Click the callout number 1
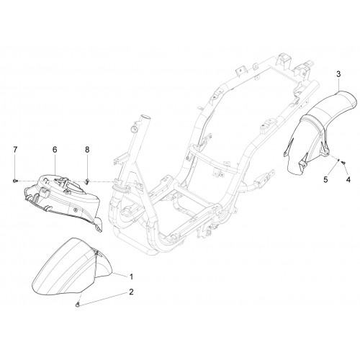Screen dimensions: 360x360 pos(131,277)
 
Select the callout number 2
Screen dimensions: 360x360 pos(131,292)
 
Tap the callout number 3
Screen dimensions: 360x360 pos(338,74)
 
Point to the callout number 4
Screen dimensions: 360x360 pos(348,179)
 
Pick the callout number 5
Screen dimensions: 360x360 pos(325,179)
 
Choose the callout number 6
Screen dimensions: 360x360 pos(55,150)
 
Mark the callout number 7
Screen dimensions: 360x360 pos(15,150)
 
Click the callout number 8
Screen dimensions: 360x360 pos(87,150)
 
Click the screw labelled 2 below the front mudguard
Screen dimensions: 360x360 pos(77,305)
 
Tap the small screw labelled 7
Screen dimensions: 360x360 pos(15,181)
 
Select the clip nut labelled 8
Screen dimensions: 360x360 pos(87,181)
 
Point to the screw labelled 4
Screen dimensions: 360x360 pos(343,163)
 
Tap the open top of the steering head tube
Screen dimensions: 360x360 pos(145,118)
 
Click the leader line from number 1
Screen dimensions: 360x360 pos(120,275)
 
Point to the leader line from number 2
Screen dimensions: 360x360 pos(104,300)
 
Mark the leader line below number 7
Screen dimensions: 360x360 pos(15,166)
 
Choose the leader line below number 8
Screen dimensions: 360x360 pos(87,166)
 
